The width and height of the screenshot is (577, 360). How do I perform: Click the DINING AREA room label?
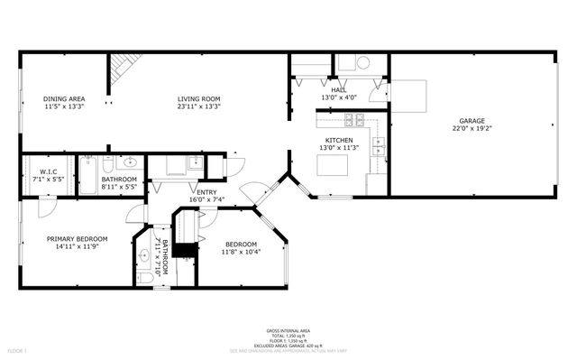tap(64, 99)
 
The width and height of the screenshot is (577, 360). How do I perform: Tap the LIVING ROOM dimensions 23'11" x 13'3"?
tap(198, 106)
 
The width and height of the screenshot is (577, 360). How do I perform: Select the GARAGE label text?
tap(472, 121)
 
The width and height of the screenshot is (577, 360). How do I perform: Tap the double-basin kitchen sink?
tap(380, 143)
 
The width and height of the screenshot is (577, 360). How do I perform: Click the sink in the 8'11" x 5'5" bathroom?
tap(127, 163)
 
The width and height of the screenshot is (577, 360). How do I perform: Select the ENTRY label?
tap(206, 191)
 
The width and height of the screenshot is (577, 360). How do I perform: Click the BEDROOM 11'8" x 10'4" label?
tap(241, 245)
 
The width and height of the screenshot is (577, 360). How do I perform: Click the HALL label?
tap(338, 90)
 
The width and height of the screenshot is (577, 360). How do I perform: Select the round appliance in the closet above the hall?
tap(362, 63)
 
